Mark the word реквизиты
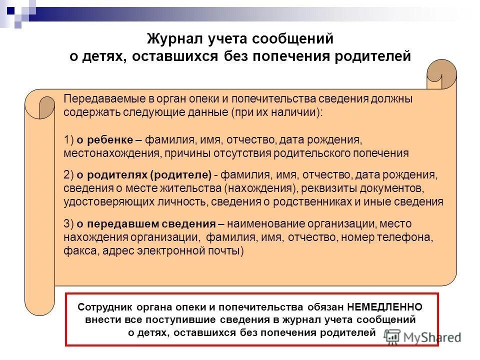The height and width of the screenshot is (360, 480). pos(325,188)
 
